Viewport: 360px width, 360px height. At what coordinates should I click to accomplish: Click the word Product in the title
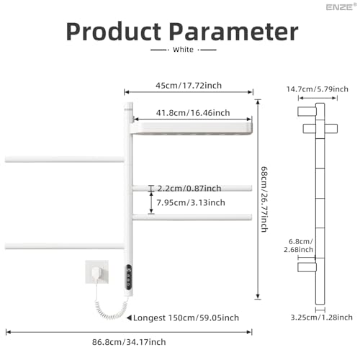114,32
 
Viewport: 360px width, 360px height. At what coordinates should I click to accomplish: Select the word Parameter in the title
234,32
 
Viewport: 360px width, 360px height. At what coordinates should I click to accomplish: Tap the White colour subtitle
183,50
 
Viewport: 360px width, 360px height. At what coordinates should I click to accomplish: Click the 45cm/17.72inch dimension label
189,86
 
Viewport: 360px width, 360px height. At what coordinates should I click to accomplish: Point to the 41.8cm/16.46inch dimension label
193,113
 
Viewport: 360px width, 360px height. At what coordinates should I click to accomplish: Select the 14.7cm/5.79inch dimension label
318,89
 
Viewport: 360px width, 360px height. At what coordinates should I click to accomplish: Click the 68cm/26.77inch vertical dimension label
264,199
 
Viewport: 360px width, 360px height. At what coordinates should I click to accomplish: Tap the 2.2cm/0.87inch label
189,189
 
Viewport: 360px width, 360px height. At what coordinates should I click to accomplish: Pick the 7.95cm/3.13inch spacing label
191,203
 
